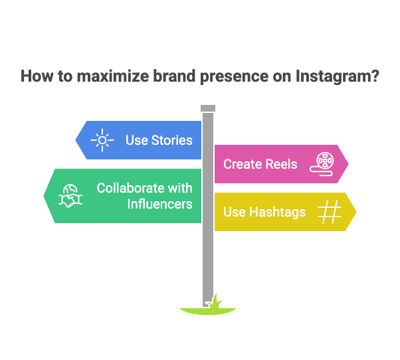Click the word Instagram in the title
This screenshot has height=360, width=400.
point(338,76)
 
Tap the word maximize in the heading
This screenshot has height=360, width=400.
point(113,76)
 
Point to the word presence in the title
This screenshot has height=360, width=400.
point(234,77)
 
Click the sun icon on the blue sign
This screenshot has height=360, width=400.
point(102,140)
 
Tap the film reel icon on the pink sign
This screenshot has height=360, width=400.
point(322,164)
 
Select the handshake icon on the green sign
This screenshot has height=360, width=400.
point(70,196)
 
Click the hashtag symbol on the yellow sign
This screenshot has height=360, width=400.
point(330,212)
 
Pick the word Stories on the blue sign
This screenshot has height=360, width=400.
point(172,140)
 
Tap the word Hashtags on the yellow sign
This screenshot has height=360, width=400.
point(277,212)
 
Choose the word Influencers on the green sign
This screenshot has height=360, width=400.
point(160,204)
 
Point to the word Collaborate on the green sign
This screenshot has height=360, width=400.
point(130,188)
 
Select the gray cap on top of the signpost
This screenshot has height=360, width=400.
point(208,108)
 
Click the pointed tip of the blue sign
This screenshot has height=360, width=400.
point(76,140)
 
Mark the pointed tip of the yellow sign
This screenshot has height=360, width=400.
point(356,212)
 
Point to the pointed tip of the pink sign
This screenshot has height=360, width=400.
point(348,164)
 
